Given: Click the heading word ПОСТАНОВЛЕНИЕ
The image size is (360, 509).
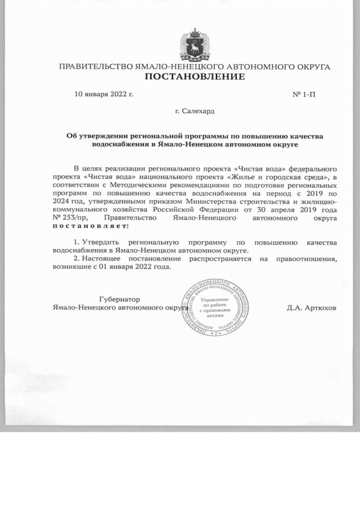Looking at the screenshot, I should [194, 76].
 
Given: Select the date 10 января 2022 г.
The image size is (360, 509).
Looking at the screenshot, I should [104, 93].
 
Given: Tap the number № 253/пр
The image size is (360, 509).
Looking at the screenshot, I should [70, 218].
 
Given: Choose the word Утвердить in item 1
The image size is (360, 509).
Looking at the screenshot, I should [100, 242].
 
